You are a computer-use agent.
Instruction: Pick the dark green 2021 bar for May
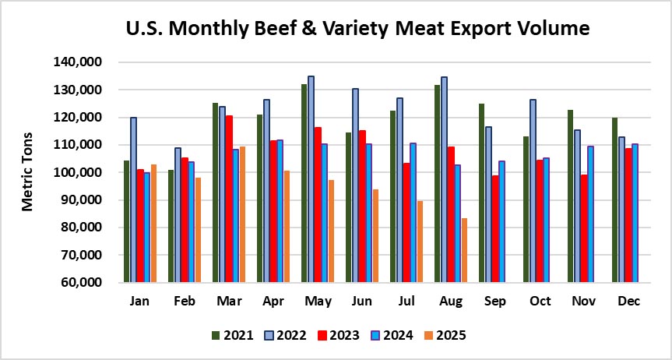[304, 183]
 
